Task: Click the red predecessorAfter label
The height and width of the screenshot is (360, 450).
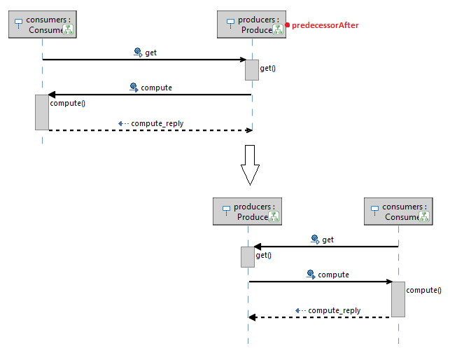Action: pyautogui.click(x=325, y=25)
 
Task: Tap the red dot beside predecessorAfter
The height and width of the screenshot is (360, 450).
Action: pyautogui.click(x=287, y=25)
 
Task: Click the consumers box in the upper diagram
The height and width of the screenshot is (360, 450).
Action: pyautogui.click(x=42, y=25)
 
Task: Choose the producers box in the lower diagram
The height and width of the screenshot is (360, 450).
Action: pyautogui.click(x=248, y=212)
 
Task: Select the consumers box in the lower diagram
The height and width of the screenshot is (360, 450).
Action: pyautogui.click(x=398, y=212)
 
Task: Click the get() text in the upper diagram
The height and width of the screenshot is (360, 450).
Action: pyautogui.click(x=268, y=68)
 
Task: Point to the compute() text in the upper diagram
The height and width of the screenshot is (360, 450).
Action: pyautogui.click(x=68, y=104)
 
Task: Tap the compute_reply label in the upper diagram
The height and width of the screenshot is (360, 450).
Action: pyautogui.click(x=157, y=123)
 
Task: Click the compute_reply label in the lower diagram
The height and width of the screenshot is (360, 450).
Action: pyautogui.click(x=335, y=310)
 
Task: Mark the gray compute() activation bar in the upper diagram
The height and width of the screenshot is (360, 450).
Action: pyautogui.click(x=42, y=112)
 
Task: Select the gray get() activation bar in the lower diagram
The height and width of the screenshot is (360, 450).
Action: pyautogui.click(x=248, y=256)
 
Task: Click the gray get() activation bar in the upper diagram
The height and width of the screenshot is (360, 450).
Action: pyautogui.click(x=252, y=69)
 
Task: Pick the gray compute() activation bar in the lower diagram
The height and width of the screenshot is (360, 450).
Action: pyautogui.click(x=398, y=299)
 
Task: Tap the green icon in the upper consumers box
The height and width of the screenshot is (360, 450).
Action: pyautogui.click(x=68, y=29)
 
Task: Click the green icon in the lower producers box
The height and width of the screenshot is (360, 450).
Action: pyautogui.click(x=274, y=216)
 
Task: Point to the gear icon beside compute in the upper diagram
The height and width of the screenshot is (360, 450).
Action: pyautogui.click(x=134, y=88)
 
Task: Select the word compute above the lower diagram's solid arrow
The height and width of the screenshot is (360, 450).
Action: pyautogui.click(x=333, y=275)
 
